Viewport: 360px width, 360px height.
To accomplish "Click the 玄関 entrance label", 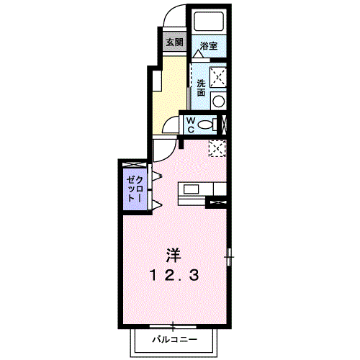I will (x=174, y=42).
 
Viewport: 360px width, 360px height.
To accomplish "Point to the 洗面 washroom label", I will (x=201, y=86).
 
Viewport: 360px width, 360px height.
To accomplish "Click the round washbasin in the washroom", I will (x=218, y=100).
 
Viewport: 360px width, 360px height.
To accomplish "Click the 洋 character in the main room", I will (x=173, y=254).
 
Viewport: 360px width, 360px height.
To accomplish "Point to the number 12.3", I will (x=174, y=274).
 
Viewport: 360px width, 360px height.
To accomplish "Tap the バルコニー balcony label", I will (x=172, y=338).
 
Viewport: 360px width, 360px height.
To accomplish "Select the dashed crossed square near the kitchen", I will (x=217, y=147).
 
